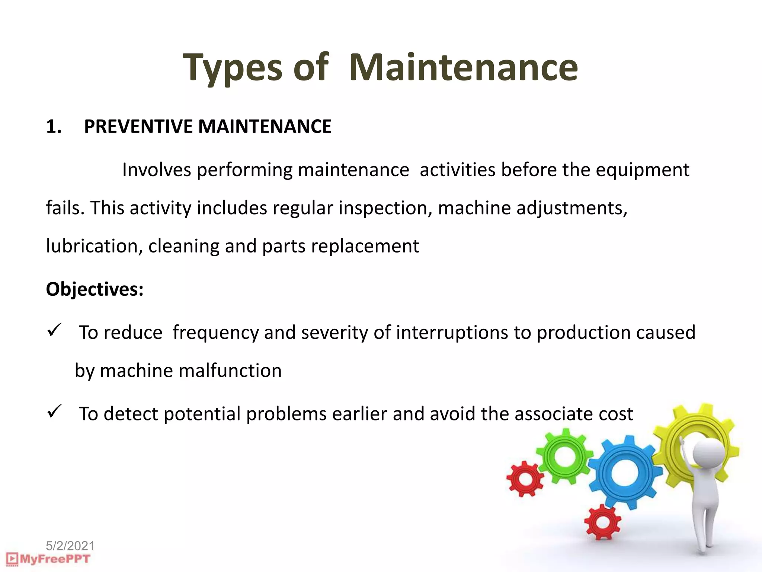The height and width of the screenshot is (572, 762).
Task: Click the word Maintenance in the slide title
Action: pyautogui.click(x=463, y=67)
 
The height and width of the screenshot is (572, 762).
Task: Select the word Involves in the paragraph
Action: pyautogui.click(x=156, y=170)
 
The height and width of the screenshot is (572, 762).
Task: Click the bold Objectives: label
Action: pyautogui.click(x=95, y=289)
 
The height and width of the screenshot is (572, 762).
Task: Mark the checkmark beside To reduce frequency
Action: pyautogui.click(x=54, y=330)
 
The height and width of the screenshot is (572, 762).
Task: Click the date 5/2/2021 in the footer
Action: pyautogui.click(x=70, y=546)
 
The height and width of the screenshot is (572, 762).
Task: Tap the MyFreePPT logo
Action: pyautogui.click(x=48, y=559)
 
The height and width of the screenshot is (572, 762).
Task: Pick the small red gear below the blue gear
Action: pyautogui.click(x=603, y=522)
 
